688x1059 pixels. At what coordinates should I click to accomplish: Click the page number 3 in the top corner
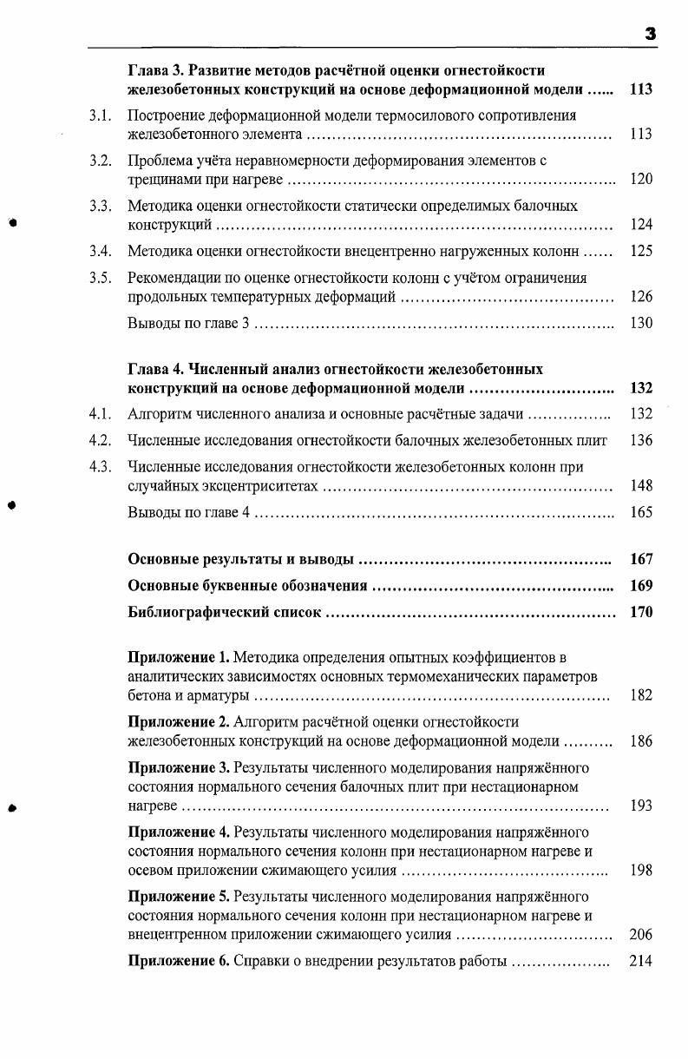(650, 34)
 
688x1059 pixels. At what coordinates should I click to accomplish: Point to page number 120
(641, 180)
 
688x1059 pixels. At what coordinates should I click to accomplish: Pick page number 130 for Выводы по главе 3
(641, 324)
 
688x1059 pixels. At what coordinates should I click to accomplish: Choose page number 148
(641, 486)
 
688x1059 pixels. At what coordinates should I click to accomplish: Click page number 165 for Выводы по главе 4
(641, 512)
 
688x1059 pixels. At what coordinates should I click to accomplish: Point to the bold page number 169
(641, 586)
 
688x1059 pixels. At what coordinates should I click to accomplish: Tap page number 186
(641, 742)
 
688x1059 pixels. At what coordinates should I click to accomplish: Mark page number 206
(641, 935)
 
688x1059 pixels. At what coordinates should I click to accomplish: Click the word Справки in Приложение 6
(263, 961)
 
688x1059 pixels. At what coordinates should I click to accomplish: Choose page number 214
(641, 961)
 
